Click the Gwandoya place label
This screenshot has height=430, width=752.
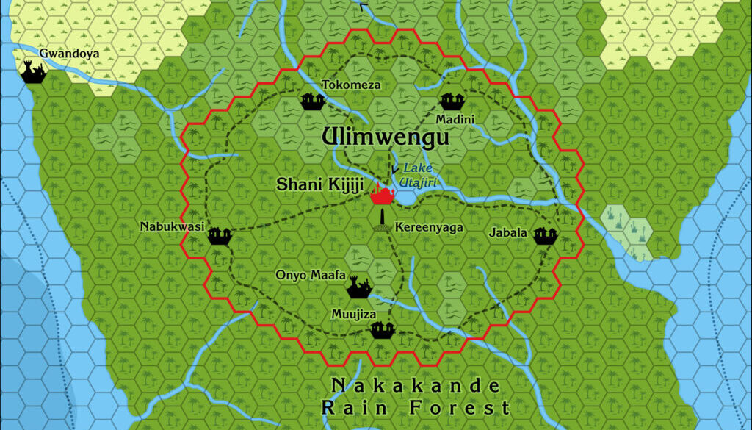coord(69,53)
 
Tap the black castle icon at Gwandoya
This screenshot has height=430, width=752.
coord(33,72)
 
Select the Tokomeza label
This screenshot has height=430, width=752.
coord(351,85)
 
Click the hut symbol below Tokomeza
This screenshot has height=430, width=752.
coord(313,101)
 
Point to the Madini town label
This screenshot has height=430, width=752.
coord(455,119)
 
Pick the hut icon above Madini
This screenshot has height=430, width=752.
coord(450,101)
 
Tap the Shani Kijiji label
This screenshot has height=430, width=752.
coord(319,185)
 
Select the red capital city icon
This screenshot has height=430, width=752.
coord(382,193)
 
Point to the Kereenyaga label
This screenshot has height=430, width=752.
coord(429,228)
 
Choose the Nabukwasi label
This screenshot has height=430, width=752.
coord(172,226)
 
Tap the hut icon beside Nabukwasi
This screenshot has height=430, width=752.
coord(220,235)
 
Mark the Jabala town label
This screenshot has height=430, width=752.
coord(508,233)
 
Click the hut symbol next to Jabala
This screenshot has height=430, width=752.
coord(545,235)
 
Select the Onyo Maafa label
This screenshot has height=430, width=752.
coord(310,276)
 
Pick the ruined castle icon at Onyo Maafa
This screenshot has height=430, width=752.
coord(358,287)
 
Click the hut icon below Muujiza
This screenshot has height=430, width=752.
coord(383,330)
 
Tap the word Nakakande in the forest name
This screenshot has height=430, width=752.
coord(416,386)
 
